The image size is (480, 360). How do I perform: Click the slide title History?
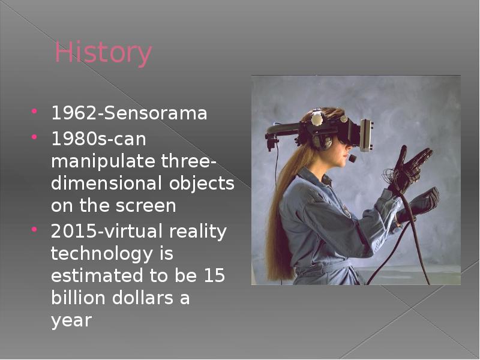coord(103,53)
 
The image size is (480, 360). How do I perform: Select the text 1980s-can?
coord(98,139)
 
